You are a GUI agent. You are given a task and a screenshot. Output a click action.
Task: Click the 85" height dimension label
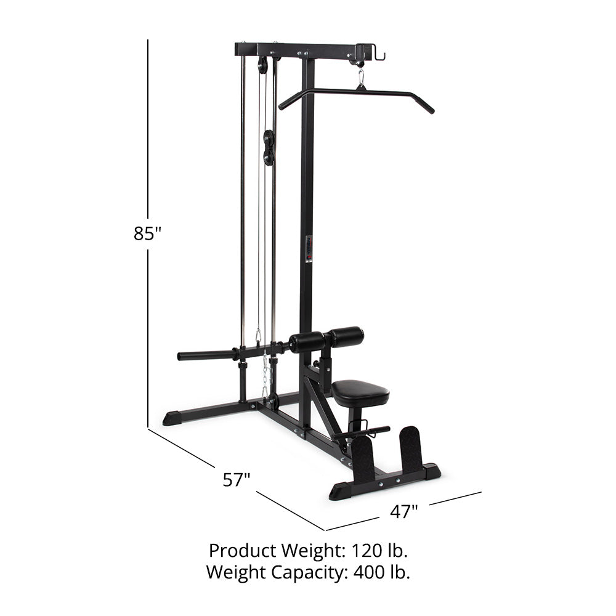pos(148,233)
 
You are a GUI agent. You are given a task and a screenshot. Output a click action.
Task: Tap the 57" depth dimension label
pos(237,480)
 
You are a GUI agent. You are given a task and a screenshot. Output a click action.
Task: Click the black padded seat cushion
pos(360,392)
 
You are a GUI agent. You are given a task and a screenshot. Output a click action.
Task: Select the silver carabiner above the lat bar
pos(360,78)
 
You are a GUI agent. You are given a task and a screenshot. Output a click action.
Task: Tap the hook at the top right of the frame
pos(378,55)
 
